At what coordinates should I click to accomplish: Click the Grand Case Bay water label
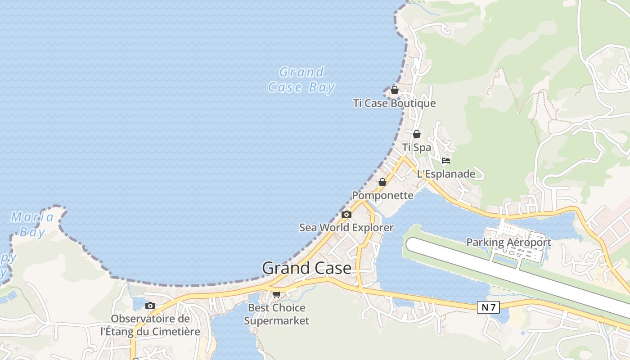[301, 80]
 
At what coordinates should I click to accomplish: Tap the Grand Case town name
[306, 268]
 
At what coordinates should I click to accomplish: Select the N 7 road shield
[488, 308]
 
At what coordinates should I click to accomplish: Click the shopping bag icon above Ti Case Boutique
[395, 90]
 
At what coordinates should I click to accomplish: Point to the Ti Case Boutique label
[395, 103]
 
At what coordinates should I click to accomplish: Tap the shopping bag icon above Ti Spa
[417, 134]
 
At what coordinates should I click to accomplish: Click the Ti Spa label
[417, 148]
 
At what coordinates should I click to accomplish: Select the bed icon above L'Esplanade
[446, 160]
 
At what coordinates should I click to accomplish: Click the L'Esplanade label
[446, 174]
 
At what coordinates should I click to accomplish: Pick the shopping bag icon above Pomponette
[382, 182]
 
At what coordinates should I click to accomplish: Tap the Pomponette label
[382, 195]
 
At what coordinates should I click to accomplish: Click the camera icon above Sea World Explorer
[346, 214]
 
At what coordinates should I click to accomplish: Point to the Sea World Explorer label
[346, 228]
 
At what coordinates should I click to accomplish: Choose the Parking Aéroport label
[508, 242]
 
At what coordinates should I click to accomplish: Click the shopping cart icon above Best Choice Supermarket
[276, 294]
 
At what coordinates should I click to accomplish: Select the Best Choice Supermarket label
[276, 314]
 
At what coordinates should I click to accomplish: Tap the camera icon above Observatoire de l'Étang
[150, 306]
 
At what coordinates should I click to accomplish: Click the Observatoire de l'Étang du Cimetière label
[150, 325]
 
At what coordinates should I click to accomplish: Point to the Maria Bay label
[32, 225]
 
